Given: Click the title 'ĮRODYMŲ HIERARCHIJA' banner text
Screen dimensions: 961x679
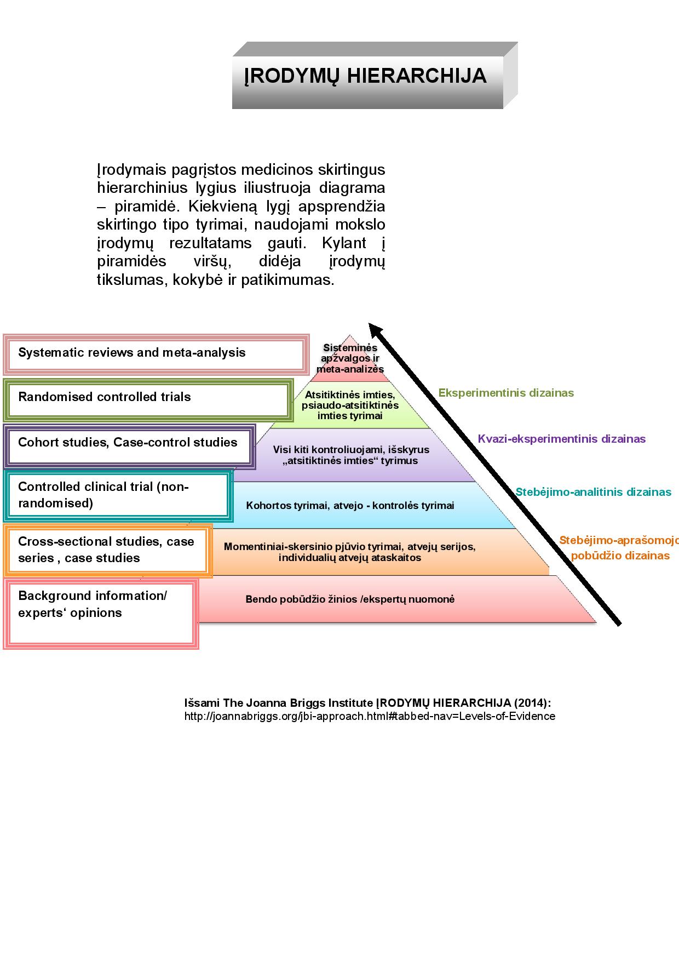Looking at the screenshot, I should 365,76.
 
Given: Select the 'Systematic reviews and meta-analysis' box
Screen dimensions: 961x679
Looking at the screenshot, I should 156,354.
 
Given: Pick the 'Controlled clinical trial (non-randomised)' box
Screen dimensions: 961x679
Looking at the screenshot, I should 117,495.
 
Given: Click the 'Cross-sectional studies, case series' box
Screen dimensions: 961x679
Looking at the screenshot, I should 107,550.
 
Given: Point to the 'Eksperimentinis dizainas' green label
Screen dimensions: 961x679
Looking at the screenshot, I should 506,393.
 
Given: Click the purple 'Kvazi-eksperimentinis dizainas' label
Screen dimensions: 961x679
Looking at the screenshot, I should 561,439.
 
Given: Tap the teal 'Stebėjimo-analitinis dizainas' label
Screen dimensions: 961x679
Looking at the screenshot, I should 593,492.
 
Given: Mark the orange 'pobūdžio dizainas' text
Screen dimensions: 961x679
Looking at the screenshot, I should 620,556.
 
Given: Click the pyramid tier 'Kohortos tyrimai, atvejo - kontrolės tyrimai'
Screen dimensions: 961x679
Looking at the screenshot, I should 350,506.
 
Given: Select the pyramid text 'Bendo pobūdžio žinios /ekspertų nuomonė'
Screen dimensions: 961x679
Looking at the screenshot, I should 350,599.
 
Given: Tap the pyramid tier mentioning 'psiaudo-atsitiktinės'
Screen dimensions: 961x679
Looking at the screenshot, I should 350,405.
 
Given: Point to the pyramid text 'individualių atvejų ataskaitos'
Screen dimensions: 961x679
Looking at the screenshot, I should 350,558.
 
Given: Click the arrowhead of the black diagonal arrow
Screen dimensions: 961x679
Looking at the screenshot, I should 376,329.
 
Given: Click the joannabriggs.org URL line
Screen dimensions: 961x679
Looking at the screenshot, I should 370,716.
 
